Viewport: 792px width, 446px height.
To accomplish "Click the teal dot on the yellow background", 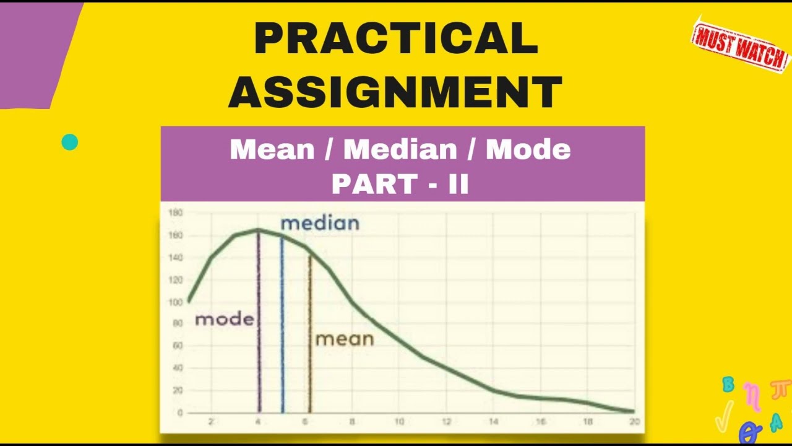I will click(x=70, y=142).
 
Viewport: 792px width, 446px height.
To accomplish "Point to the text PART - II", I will click(x=400, y=183).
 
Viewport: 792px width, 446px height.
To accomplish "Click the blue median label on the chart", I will click(x=319, y=223).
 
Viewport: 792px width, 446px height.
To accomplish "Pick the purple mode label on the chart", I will click(x=225, y=320).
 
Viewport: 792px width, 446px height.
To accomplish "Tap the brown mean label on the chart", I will click(x=345, y=339).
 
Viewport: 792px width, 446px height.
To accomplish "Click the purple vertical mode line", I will click(x=259, y=347).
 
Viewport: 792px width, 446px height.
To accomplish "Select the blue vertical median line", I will click(x=282, y=347).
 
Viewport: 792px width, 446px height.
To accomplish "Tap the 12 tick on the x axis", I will click(x=446, y=422).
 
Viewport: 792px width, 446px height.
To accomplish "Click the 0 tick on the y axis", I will click(x=179, y=413).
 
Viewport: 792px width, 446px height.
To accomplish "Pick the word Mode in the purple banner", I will click(x=528, y=150).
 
